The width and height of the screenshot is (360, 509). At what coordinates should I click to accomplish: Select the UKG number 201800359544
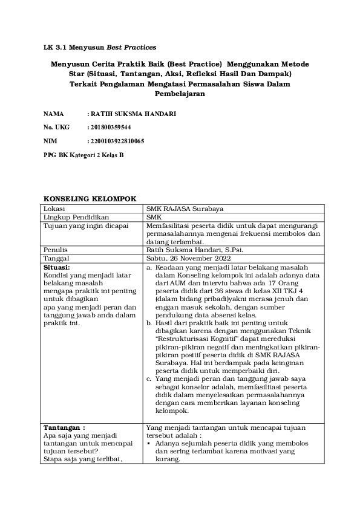tap(110, 128)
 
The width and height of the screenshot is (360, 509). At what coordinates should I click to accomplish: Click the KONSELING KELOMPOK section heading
tap(90, 198)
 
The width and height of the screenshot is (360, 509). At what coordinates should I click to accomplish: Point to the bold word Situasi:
tap(57, 267)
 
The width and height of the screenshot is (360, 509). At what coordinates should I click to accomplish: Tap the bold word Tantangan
tap(64, 427)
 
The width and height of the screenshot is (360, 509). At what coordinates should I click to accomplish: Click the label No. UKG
tap(57, 128)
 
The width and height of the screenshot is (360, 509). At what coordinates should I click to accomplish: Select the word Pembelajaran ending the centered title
tap(180, 94)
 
